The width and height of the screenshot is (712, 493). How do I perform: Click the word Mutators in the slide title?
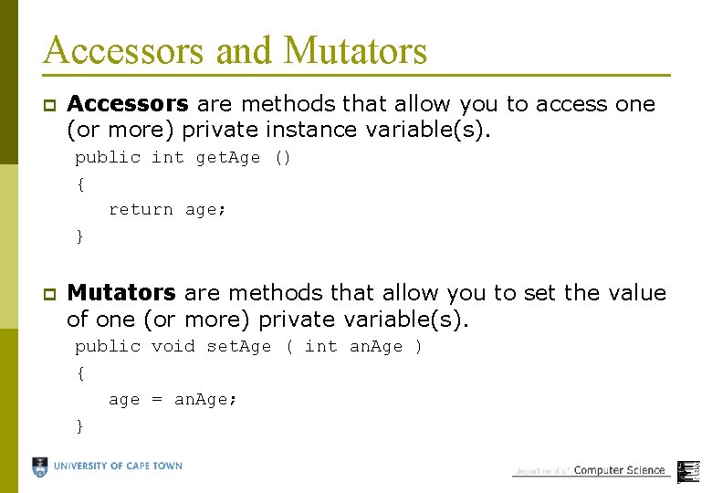pos(355,50)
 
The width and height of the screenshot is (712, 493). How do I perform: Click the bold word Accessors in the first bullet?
pos(128,104)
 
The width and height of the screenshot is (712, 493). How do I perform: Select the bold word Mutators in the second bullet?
pos(121,293)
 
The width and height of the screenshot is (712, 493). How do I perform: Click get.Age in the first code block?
pos(228,158)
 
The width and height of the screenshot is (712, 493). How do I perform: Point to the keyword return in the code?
pos(141,210)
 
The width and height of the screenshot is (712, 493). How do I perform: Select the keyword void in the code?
pos(173,347)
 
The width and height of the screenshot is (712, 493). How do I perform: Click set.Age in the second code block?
pos(238,347)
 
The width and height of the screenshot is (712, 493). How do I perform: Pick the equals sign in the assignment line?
pos(156,400)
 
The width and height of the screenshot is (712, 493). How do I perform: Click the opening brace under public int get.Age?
pos(80,184)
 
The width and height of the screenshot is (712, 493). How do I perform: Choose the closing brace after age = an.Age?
pos(80,425)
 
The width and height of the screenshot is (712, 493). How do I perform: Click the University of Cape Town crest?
pos(40,467)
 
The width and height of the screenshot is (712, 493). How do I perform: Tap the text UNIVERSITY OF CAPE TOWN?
pos(118,467)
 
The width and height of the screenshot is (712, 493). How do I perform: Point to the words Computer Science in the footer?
pos(619,470)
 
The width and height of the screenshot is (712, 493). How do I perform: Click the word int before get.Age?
pos(168,158)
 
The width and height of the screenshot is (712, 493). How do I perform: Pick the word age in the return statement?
pos(202,210)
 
